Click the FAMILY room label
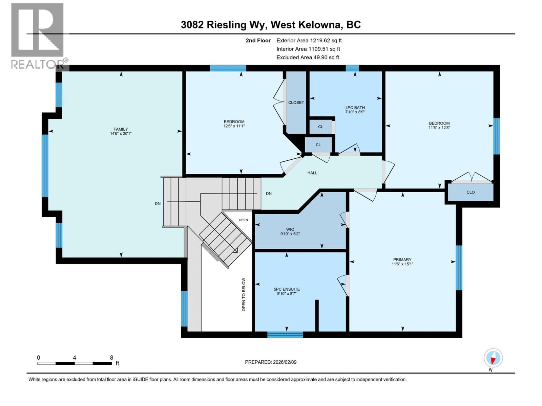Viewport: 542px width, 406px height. (121, 129)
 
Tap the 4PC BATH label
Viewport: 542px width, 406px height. (355, 108)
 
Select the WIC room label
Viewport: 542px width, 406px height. (290, 229)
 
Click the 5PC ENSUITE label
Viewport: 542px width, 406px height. (287, 289)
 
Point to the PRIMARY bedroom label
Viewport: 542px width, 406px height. (402, 260)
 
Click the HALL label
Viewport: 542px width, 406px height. (312, 173)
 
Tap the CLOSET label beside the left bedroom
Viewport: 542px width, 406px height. (296, 103)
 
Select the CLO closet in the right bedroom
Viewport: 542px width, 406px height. (471, 192)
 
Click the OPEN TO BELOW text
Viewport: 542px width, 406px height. (244, 294)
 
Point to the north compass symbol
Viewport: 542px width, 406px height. (493, 358)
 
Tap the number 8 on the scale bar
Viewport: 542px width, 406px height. (111, 358)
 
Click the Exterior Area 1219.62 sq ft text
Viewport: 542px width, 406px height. (309, 40)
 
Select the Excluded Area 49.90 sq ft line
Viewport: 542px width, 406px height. (308, 58)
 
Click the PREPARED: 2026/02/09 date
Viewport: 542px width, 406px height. (271, 362)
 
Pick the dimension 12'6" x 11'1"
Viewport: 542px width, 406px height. (234, 126)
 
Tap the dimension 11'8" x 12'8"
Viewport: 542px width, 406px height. (439, 128)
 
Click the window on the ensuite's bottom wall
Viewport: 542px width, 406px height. (285, 335)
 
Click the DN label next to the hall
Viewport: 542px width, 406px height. (269, 194)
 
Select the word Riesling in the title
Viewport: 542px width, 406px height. (226, 25)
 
